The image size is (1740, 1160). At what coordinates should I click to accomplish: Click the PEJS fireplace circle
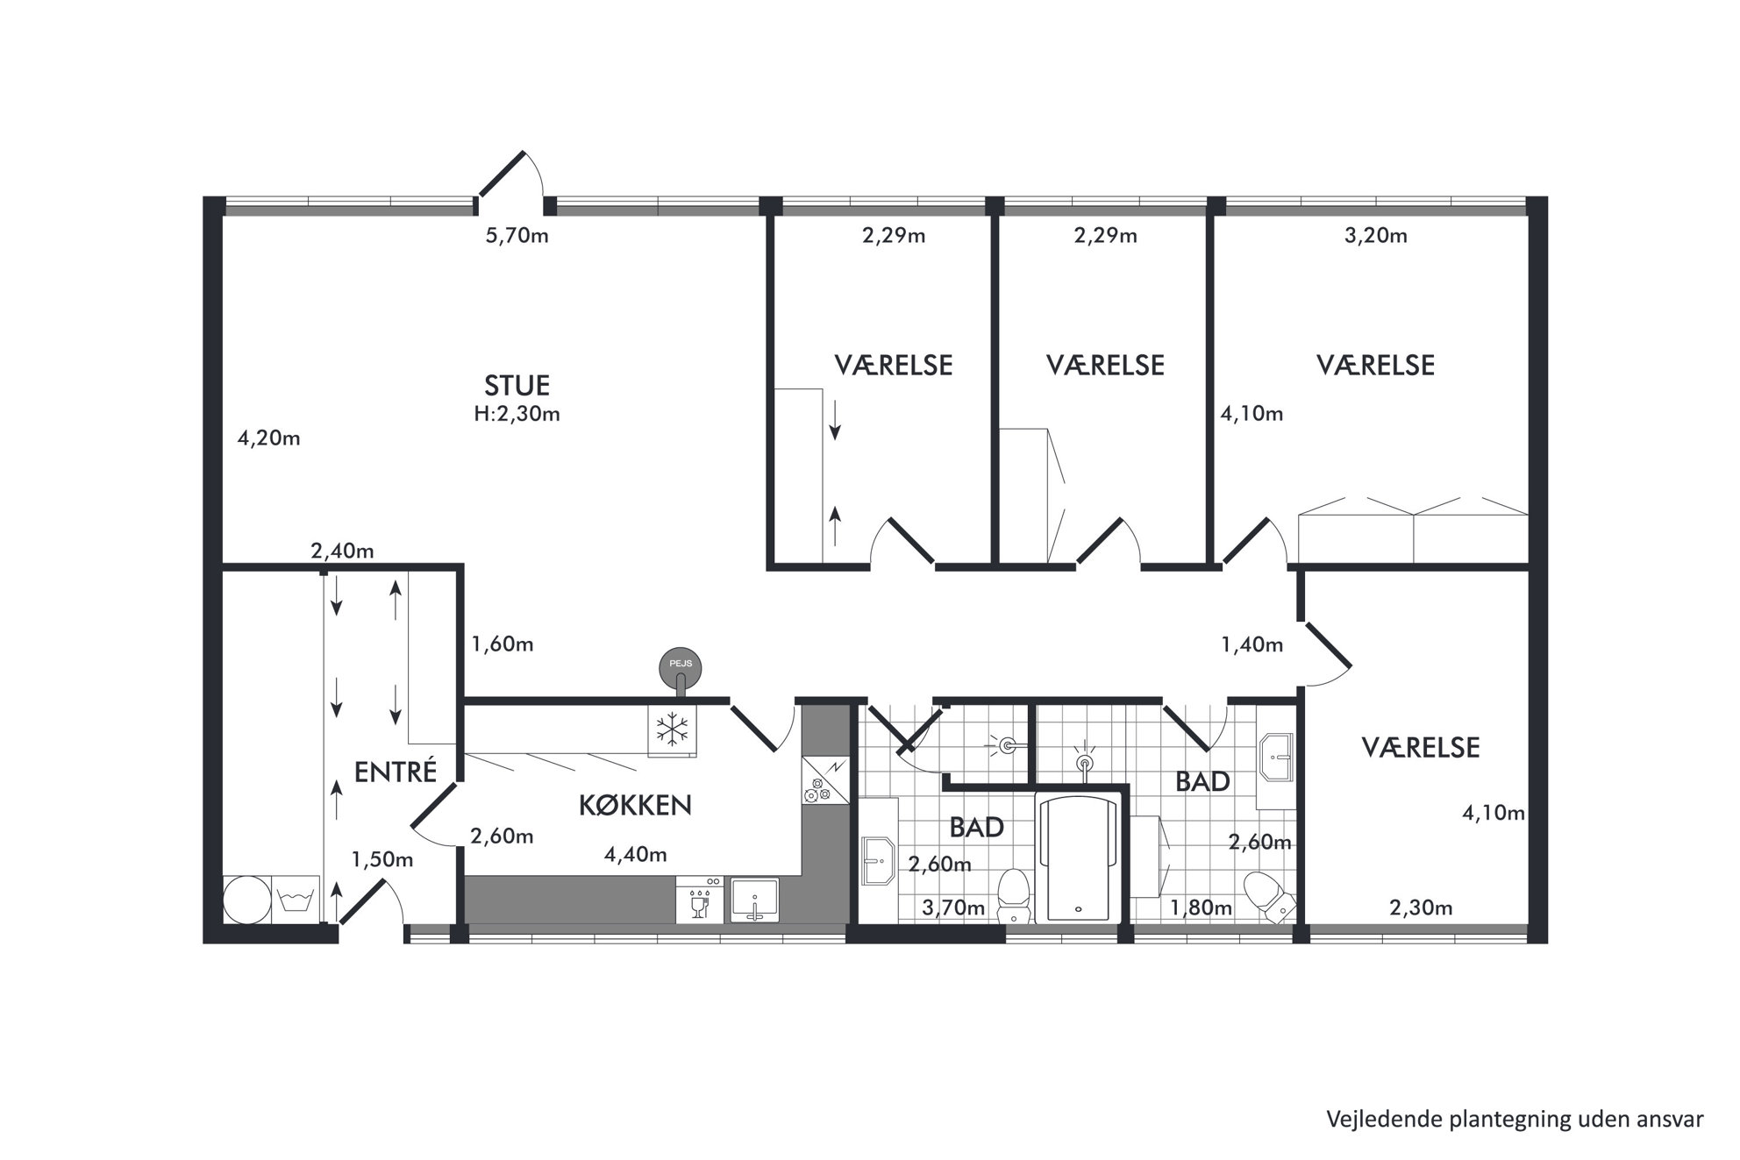tap(681, 666)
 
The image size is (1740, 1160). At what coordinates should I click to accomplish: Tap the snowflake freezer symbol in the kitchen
tap(673, 729)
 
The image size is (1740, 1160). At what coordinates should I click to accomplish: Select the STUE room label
tap(517, 385)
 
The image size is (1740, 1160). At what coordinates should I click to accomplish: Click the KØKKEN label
tap(635, 804)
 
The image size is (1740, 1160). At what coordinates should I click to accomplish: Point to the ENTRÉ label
tap(395, 772)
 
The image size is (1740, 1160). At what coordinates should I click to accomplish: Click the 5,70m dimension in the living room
tap(517, 236)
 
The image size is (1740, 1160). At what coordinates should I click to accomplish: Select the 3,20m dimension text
tap(1375, 236)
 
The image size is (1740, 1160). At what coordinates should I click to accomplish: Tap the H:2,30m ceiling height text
tap(517, 414)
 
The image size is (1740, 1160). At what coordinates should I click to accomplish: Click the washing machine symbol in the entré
tap(296, 899)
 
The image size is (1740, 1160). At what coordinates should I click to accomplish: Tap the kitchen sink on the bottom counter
tap(755, 900)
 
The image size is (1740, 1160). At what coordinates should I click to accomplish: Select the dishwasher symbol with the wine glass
tap(699, 900)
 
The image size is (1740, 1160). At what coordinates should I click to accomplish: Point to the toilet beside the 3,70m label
tap(1015, 894)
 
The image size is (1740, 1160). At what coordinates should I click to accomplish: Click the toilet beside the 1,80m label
tap(1268, 896)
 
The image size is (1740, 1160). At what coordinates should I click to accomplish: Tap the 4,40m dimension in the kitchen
tap(635, 854)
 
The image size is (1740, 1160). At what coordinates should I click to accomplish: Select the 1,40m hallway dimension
tap(1252, 645)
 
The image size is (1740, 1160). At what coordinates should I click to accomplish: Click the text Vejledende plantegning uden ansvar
tap(1515, 1120)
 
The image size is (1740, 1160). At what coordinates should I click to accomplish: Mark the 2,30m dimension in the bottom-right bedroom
tap(1421, 908)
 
